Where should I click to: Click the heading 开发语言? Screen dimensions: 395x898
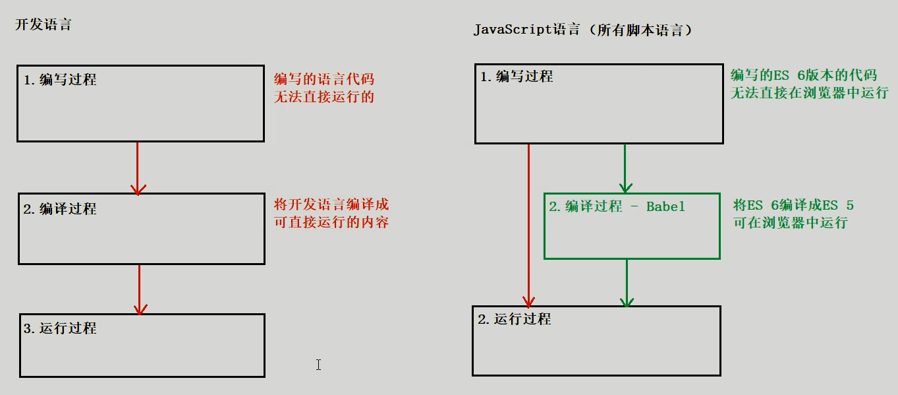tap(43, 25)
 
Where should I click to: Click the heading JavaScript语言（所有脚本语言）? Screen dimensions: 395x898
tap(582, 30)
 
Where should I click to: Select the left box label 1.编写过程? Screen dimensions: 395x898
tap(60, 80)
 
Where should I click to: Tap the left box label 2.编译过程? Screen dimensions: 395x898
tap(60, 209)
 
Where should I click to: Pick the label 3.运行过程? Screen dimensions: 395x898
tap(60, 328)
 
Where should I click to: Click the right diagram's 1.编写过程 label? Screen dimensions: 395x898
tap(517, 76)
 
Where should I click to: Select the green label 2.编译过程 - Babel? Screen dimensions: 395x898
tap(617, 206)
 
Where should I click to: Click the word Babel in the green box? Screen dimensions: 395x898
tap(665, 206)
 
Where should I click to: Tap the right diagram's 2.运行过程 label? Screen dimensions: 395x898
tap(514, 319)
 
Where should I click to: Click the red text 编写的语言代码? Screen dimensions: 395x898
tap(324, 79)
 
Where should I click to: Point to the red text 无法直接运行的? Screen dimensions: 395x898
tap(324, 97)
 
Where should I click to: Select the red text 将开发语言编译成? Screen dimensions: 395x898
tap(331, 204)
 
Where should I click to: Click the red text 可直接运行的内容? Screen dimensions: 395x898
tap(331, 222)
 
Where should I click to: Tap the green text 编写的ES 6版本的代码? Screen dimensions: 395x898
tap(804, 75)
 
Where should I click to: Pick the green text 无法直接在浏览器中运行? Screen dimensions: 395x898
tap(810, 93)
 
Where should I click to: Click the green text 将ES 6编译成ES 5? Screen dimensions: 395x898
tap(793, 205)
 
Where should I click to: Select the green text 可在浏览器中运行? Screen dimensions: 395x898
tap(790, 223)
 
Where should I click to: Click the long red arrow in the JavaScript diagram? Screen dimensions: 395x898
tap(528, 224)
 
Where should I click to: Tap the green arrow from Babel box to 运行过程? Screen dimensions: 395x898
tap(627, 282)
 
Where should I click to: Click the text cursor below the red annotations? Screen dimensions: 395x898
tap(318, 365)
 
